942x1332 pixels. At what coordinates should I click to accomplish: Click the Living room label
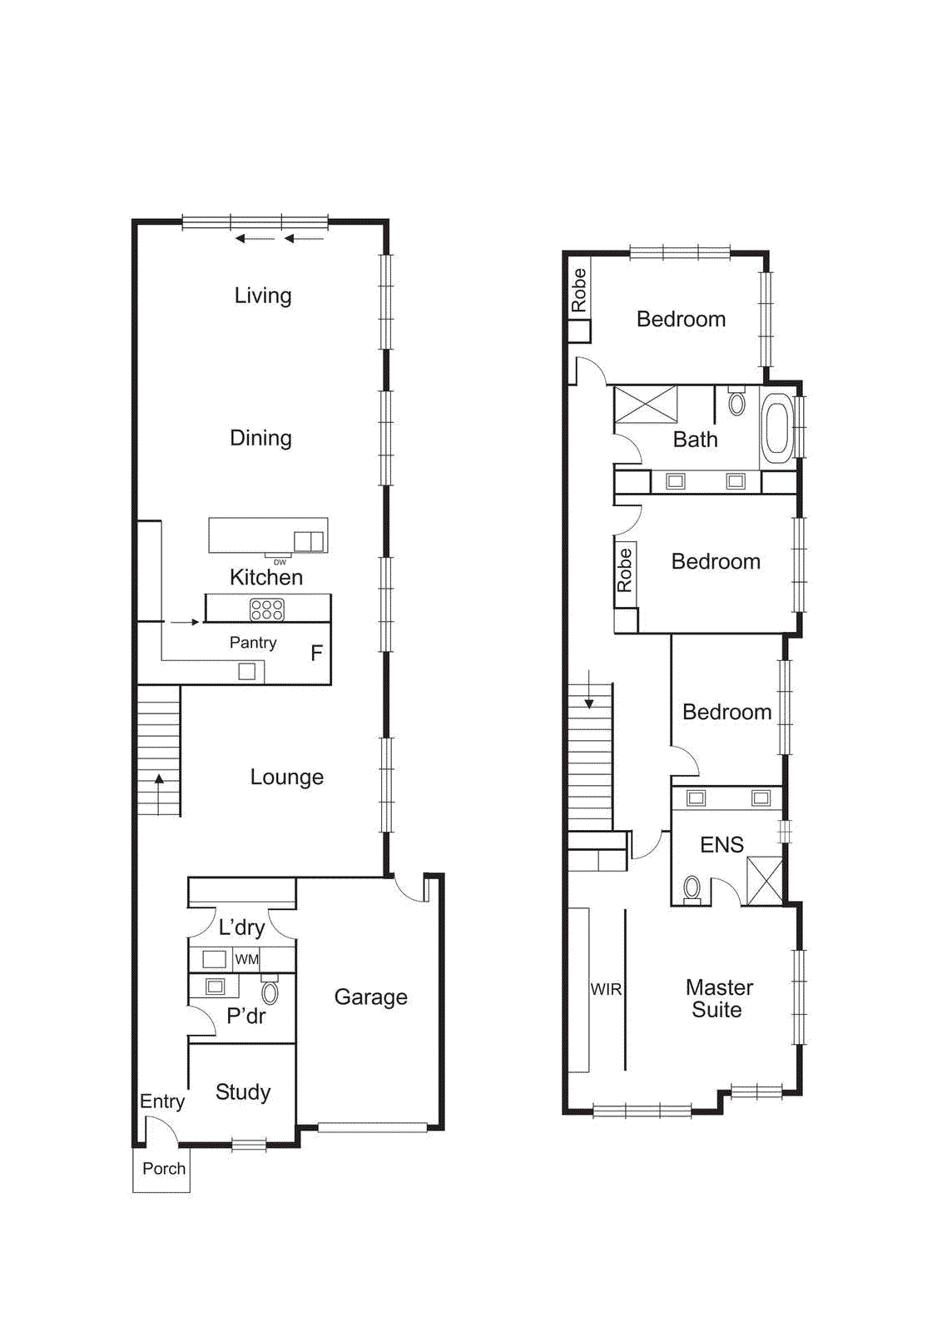click(x=263, y=296)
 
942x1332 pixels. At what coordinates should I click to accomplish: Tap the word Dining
click(x=260, y=438)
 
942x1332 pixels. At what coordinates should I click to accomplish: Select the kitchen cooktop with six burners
click(x=266, y=610)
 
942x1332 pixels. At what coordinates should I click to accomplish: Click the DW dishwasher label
click(x=280, y=563)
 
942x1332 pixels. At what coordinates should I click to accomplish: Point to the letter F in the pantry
click(x=316, y=654)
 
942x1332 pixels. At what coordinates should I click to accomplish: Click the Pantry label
click(x=253, y=643)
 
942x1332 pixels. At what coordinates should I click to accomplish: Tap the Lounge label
click(x=286, y=777)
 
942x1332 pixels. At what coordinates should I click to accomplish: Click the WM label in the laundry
click(x=246, y=959)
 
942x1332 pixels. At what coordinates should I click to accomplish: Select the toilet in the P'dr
click(x=270, y=992)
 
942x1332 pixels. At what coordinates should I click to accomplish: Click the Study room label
click(x=243, y=1091)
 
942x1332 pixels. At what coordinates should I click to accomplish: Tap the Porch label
click(x=164, y=1169)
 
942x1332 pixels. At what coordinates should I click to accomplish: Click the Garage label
click(x=370, y=997)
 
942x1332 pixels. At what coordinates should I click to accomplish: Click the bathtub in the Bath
click(x=777, y=429)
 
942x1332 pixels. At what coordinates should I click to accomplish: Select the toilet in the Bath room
click(x=736, y=402)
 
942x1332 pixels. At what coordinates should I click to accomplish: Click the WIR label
click(x=606, y=989)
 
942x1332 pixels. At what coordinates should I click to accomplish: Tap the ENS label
click(x=721, y=845)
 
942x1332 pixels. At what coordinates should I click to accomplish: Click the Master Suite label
click(x=718, y=998)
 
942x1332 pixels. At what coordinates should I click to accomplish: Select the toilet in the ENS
click(x=692, y=889)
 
